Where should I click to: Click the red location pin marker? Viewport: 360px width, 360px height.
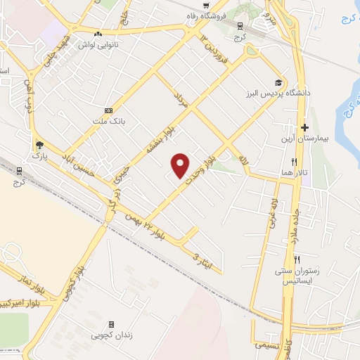tap(181, 165)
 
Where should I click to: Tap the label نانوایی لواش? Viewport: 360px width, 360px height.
tap(98, 43)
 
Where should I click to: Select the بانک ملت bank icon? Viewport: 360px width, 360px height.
tap(108, 110)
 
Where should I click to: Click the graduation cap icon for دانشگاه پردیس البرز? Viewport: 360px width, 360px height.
tap(280, 82)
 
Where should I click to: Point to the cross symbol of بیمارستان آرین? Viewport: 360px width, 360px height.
tap(304, 127)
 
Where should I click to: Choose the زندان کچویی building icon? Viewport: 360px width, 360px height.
tap(111, 324)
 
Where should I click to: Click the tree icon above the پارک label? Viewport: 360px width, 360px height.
tap(39, 146)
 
